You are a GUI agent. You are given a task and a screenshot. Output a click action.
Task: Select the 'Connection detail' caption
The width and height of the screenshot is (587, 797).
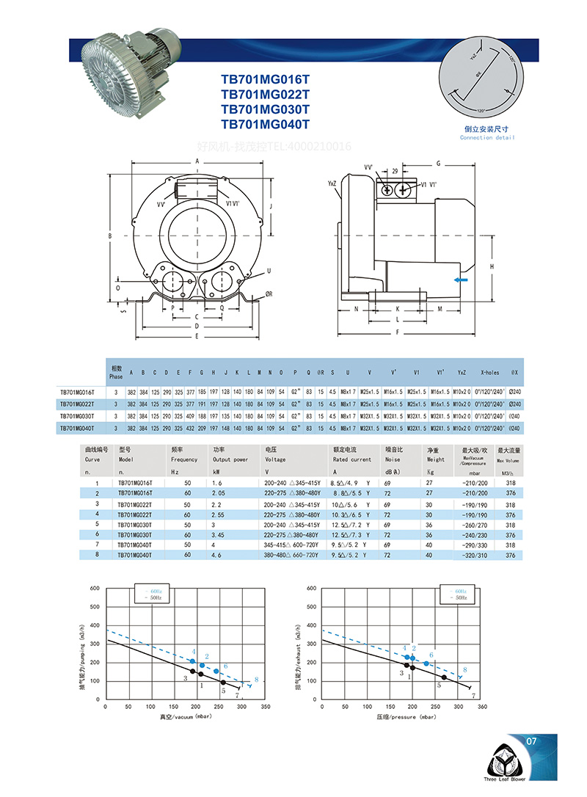(486, 138)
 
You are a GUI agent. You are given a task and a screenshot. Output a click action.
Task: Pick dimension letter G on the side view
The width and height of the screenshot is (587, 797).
(438, 163)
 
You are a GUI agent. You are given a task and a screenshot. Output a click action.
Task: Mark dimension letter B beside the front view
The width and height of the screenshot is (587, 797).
(109, 236)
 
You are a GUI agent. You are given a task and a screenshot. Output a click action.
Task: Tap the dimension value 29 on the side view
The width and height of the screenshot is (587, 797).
(395, 171)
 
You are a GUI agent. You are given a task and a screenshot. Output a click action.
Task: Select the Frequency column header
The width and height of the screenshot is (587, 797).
(184, 459)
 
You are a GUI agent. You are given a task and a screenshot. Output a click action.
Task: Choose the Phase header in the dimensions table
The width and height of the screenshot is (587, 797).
(116, 372)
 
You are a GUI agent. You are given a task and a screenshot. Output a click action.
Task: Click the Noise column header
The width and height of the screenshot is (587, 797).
(395, 459)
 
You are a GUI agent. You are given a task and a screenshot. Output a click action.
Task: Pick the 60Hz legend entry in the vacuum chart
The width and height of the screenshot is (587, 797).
(155, 591)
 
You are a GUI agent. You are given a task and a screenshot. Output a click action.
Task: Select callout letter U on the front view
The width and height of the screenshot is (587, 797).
(269, 271)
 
